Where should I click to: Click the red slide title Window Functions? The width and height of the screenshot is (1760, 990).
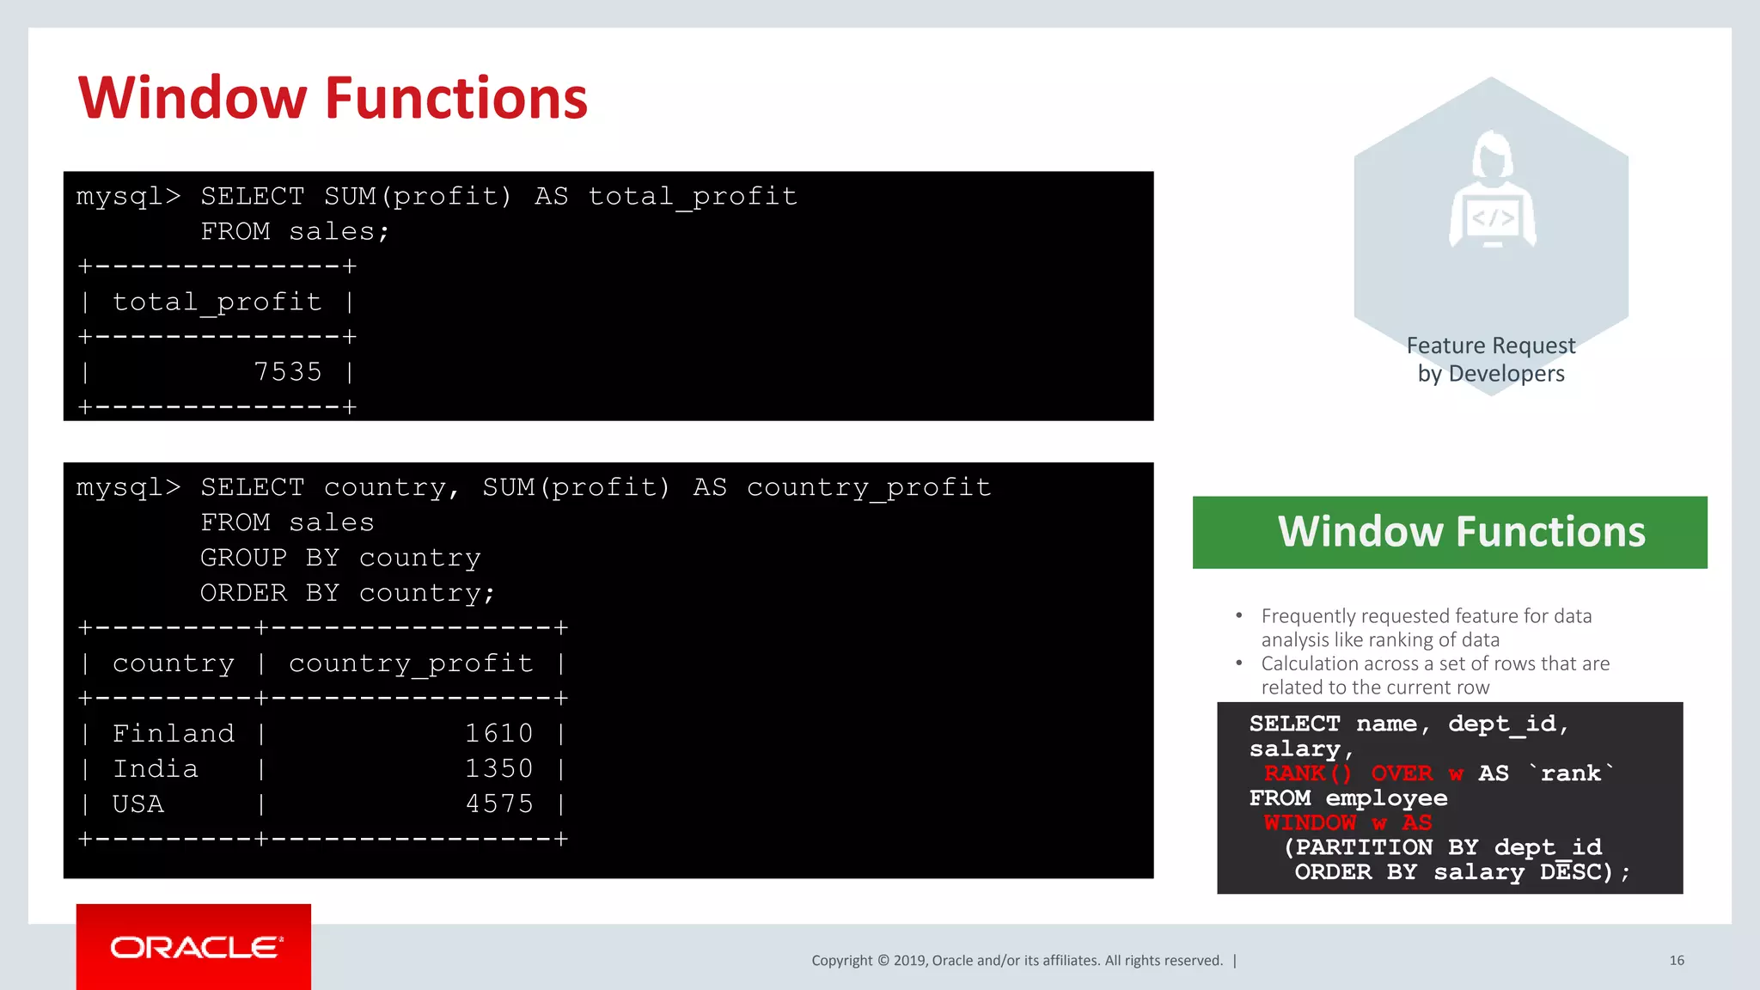click(333, 98)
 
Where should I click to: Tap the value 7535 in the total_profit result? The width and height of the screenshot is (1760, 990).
click(287, 372)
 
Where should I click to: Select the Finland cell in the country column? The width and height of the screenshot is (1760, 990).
click(173, 734)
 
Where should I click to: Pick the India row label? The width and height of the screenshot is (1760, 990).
click(156, 769)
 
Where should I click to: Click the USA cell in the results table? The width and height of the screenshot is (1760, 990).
click(137, 804)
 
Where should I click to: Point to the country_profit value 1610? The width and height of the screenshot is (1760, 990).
click(498, 734)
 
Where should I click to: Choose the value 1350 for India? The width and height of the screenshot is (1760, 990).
click(498, 769)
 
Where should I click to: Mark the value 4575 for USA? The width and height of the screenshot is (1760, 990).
click(498, 804)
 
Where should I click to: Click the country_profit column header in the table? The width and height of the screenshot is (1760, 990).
click(410, 663)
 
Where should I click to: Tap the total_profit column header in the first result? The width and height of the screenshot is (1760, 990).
click(217, 302)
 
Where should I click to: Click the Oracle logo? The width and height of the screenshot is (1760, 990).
click(194, 947)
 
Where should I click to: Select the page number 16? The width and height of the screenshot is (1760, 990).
click(1676, 961)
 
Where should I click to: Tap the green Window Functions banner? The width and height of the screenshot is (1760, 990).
click(1450, 532)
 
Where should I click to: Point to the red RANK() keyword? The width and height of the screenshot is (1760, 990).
click(1307, 773)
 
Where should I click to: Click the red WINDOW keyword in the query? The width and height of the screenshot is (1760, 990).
click(1310, 822)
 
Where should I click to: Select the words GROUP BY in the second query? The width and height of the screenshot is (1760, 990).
click(270, 559)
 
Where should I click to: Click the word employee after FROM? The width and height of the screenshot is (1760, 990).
click(1386, 798)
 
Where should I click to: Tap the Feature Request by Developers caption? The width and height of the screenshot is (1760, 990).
click(1491, 359)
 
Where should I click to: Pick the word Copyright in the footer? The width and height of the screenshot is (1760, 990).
click(841, 961)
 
